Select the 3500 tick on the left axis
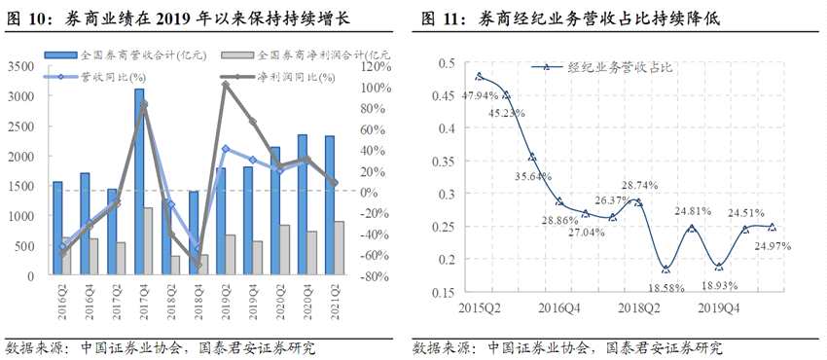pos(19,66)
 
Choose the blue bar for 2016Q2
pos(57,228)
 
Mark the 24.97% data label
pos(772,247)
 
